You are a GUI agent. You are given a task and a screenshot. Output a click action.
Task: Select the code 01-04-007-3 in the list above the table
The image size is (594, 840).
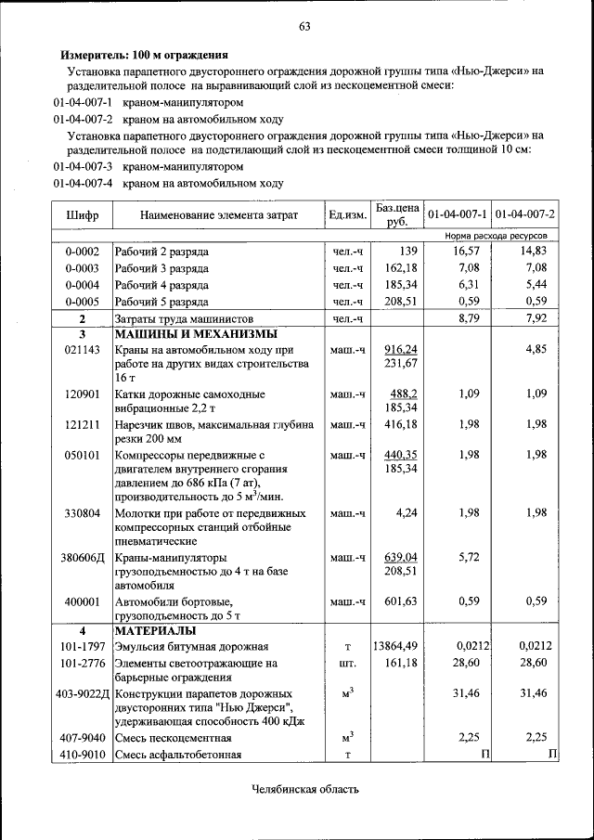(x=83, y=166)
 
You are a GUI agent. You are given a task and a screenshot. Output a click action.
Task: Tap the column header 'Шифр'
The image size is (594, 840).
(x=82, y=215)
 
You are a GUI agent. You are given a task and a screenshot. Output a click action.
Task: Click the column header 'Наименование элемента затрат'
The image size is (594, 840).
(x=219, y=215)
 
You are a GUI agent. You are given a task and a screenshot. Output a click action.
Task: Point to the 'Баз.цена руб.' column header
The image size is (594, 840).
(x=397, y=214)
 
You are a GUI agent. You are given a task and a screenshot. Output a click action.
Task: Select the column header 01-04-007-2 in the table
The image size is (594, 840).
(x=525, y=214)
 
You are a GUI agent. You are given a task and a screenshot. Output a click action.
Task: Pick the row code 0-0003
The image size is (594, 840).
(x=82, y=268)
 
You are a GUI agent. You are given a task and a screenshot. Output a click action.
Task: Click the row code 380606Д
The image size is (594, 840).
(x=83, y=558)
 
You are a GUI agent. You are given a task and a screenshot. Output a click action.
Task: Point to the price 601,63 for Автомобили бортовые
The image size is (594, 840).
(x=400, y=601)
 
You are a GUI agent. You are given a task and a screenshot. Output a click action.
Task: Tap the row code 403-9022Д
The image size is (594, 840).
(x=83, y=694)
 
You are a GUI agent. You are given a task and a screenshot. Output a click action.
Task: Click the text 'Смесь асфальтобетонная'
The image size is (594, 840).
(x=177, y=755)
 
